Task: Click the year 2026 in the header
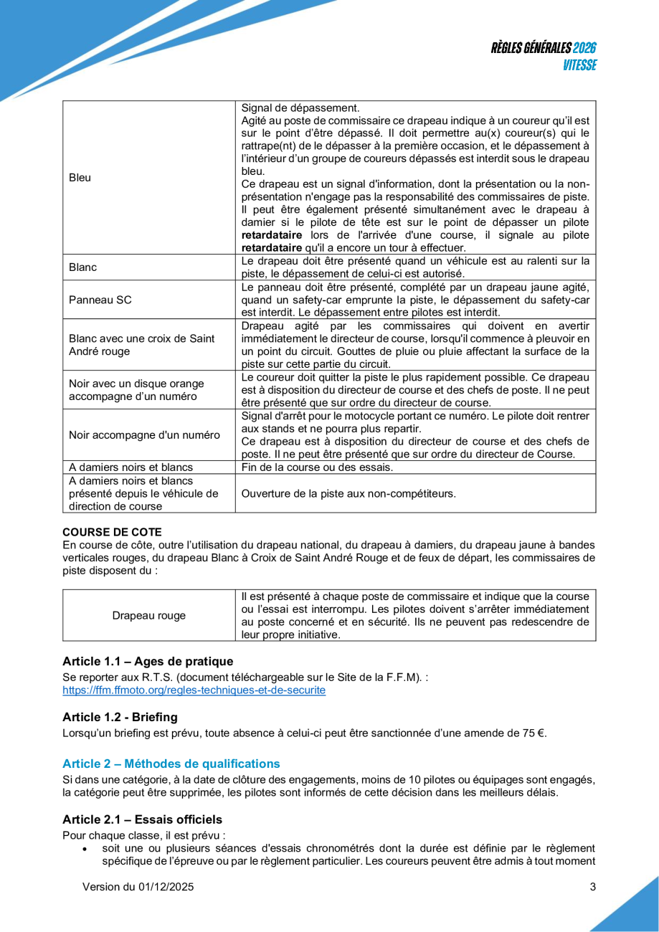tap(585, 48)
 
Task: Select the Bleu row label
tap(75, 177)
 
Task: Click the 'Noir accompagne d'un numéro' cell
tap(143, 434)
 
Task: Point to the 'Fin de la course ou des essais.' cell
tap(317, 468)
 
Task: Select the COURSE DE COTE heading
tap(113, 531)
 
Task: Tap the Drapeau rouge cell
tap(149, 615)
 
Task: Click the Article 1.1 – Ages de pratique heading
tap(148, 660)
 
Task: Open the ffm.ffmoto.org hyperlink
tap(194, 690)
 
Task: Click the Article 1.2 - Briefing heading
tap(120, 717)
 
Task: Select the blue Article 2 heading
tap(171, 764)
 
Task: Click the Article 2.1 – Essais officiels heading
tap(142, 819)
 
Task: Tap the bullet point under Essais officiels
tap(85, 848)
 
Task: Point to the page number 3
tap(592, 887)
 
